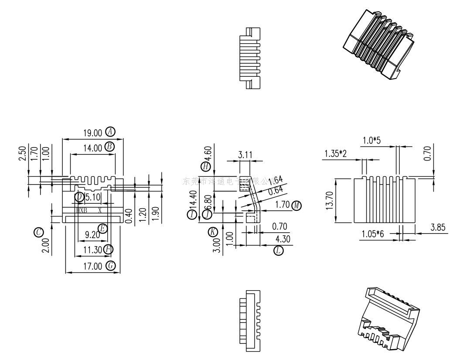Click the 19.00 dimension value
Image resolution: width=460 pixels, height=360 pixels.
click(92, 132)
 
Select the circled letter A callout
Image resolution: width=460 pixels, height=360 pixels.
click(110, 131)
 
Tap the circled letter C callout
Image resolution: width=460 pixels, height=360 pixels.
click(39, 232)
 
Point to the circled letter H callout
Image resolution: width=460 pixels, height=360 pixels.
click(205, 166)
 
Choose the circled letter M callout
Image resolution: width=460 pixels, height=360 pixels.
click(297, 205)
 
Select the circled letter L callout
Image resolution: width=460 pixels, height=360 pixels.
click(278, 250)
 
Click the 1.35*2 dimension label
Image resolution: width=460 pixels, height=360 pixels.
click(336, 154)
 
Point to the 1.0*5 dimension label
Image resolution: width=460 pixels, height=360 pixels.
click(372, 140)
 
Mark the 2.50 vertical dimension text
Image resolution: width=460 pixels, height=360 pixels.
click(22, 153)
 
